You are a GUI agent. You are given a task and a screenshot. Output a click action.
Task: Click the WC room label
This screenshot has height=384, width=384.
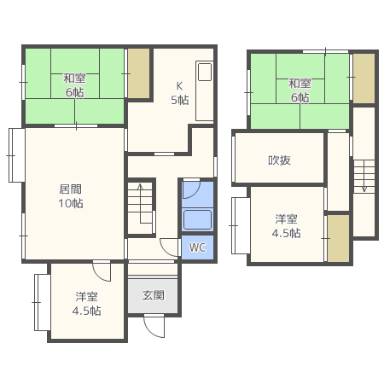pyautogui.click(x=197, y=247)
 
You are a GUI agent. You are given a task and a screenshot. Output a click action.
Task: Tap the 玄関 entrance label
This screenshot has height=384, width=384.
pyautogui.click(x=154, y=295)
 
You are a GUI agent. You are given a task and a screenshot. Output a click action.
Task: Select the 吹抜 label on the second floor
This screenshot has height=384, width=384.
pyautogui.click(x=279, y=160)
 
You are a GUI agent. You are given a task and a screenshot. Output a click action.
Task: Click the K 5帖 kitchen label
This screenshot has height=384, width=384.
pyautogui.click(x=180, y=93)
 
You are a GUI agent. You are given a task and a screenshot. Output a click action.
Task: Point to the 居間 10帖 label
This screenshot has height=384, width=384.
pyautogui.click(x=71, y=196)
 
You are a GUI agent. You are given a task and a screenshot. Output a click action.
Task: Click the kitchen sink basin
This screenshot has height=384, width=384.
pyautogui.click(x=205, y=72)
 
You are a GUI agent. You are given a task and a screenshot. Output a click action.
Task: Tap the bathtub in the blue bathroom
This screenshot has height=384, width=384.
pyautogui.click(x=197, y=219)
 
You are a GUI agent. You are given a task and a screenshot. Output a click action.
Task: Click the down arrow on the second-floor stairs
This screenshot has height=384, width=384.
pyautogui.click(x=364, y=176)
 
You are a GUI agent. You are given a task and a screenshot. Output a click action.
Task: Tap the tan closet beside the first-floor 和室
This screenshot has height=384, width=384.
pyautogui.click(x=138, y=73)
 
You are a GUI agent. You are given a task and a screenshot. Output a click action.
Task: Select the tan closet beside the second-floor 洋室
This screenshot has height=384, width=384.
pyautogui.click(x=338, y=238)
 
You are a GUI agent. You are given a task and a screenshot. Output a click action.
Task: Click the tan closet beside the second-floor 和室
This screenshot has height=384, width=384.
pyautogui.click(x=364, y=79)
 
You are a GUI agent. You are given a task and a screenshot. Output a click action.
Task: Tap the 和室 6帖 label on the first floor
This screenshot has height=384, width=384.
pyautogui.click(x=74, y=85)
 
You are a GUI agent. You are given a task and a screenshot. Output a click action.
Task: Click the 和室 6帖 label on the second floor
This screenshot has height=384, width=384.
pyautogui.click(x=300, y=90)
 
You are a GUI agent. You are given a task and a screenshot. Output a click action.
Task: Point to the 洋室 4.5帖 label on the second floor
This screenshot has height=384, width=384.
pyautogui.click(x=286, y=226)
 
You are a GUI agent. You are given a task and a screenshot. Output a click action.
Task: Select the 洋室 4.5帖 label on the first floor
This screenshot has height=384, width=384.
pyautogui.click(x=86, y=304)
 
